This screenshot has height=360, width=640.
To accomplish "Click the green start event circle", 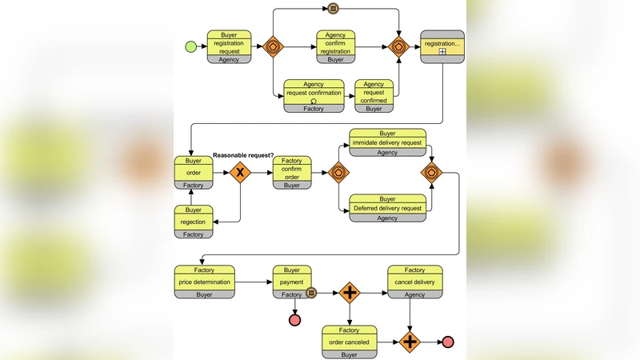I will pos(190,46).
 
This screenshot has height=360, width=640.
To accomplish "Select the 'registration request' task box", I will pos(230,46).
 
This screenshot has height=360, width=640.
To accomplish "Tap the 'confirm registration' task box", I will pos(336,46).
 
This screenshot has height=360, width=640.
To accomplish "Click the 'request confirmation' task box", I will pos(314,94).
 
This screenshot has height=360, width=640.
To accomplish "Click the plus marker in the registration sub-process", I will pos(442,52).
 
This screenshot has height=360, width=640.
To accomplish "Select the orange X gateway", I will pos(239,172).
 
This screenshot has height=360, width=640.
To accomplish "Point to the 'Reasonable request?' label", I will pos(243,154).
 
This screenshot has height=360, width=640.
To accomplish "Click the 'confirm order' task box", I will pos(292,172).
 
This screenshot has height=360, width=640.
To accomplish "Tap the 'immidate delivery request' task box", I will pos(387,142).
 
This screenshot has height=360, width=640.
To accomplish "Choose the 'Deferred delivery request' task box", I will pos(387,208).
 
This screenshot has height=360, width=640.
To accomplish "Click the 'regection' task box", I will pos(194,222).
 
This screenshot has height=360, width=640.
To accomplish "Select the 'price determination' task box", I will pos(205,282).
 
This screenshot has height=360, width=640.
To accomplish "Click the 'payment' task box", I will pos(292,282).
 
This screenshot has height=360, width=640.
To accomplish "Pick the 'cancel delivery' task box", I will pos(414,282).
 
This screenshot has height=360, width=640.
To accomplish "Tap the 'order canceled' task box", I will pos(349,341).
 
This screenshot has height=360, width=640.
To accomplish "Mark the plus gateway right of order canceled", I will pos(410,342).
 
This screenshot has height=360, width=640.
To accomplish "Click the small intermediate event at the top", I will pos(334,10).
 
